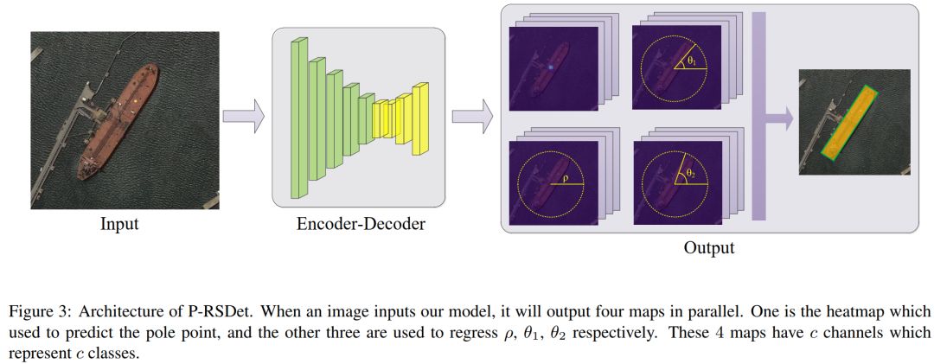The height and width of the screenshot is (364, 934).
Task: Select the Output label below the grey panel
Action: coord(708,248)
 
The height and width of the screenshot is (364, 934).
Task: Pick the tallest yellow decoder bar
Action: coord(420,118)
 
